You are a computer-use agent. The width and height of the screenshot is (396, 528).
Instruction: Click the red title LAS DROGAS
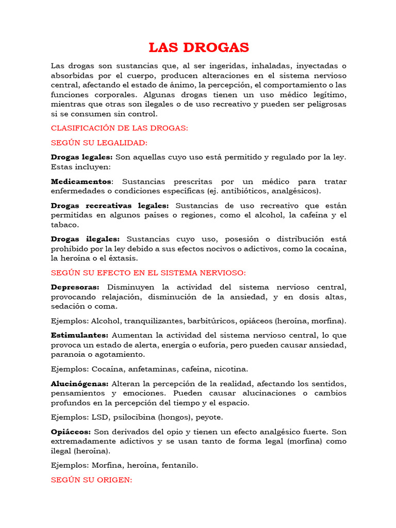pos(199,48)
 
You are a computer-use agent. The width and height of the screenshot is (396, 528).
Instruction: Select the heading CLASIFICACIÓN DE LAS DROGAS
pos(120,128)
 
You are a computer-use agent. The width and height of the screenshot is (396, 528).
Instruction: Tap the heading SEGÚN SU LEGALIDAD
pos(99,143)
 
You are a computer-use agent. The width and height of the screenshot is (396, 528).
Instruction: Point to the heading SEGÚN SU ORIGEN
pos(92,480)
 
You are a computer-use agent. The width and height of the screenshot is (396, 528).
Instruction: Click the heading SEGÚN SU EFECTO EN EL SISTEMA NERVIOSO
pos(148,273)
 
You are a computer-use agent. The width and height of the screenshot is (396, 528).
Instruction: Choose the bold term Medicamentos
pos(81,181)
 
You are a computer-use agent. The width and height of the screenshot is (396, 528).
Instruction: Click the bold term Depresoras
pos(76,287)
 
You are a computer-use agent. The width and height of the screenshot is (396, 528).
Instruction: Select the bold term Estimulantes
pos(79,335)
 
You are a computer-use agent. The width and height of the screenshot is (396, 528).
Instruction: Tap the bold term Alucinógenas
pos(79,384)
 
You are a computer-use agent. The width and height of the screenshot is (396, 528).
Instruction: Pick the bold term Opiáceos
pos(71,432)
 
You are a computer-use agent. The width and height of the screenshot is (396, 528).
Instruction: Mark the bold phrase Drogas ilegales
pos(85,239)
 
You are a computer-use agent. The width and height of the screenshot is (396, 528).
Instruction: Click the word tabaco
pos(64,225)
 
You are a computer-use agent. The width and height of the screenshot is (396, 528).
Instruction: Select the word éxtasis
pos(122,258)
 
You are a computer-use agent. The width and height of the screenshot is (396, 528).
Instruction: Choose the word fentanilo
pos(178,465)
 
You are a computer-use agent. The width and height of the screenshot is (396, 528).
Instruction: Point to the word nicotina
pos(230,369)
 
